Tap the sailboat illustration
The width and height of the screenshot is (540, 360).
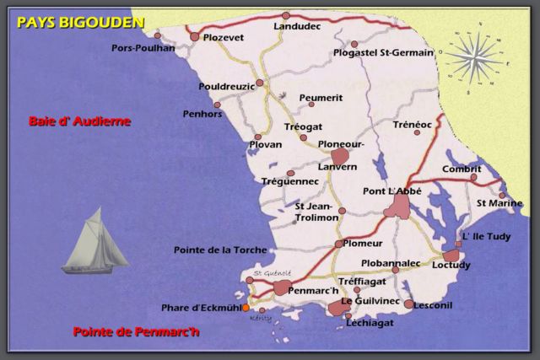95,245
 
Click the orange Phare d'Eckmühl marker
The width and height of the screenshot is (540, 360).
246,308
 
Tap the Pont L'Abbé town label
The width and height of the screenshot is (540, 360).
391,191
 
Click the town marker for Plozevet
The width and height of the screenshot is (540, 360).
195,37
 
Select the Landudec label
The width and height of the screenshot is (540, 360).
297,27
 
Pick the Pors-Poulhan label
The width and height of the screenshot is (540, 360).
143,48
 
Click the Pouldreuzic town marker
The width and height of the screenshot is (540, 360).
260,83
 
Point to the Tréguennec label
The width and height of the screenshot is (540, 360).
290,181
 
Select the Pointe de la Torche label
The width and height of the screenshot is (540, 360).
219,250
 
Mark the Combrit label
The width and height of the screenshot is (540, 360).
461,169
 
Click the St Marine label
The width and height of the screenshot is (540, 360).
499,203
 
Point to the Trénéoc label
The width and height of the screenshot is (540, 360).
413,125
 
